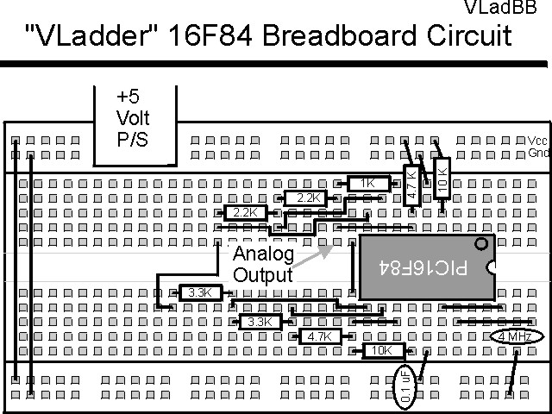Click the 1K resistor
(x=368, y=183)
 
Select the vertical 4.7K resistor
(x=411, y=184)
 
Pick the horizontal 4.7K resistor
(x=317, y=337)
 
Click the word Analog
(x=264, y=254)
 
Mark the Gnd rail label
(x=538, y=154)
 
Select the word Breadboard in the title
(x=336, y=36)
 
